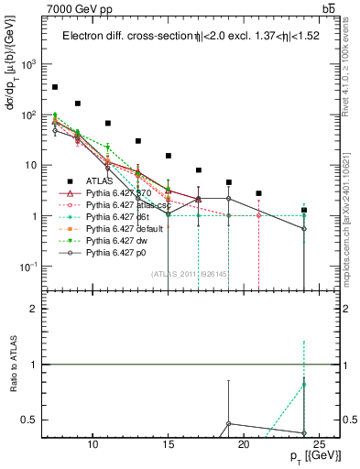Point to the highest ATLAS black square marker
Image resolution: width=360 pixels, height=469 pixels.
coord(55,87)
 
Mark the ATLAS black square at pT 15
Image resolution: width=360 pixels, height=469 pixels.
coord(169,156)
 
